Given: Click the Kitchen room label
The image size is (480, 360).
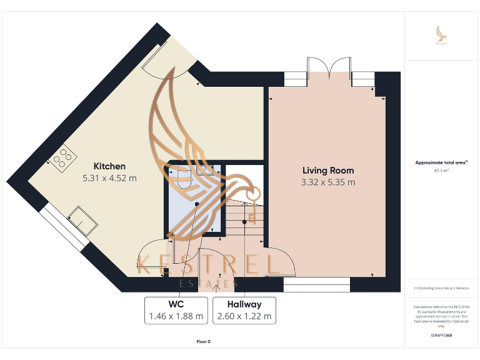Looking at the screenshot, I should [109, 166].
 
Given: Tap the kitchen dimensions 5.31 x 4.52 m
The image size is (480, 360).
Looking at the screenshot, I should [109, 178].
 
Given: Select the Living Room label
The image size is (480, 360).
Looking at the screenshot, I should [328, 170].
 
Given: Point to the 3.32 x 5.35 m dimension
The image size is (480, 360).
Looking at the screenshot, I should [328, 182].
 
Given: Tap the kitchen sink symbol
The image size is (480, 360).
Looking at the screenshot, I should [82, 219].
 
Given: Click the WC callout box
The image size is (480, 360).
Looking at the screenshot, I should [176, 310].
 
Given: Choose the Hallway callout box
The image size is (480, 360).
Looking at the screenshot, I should [244, 310].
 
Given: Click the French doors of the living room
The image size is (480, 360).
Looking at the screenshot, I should [329, 67].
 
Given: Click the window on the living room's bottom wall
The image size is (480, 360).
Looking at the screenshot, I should [317, 287].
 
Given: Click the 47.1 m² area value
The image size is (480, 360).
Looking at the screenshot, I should [441, 170].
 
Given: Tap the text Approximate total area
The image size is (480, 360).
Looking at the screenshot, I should [441, 162].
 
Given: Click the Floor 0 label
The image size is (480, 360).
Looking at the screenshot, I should [204, 342].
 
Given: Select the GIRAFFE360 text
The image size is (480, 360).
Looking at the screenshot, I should [441, 336].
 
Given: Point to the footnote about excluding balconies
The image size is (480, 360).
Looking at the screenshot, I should [441, 288].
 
